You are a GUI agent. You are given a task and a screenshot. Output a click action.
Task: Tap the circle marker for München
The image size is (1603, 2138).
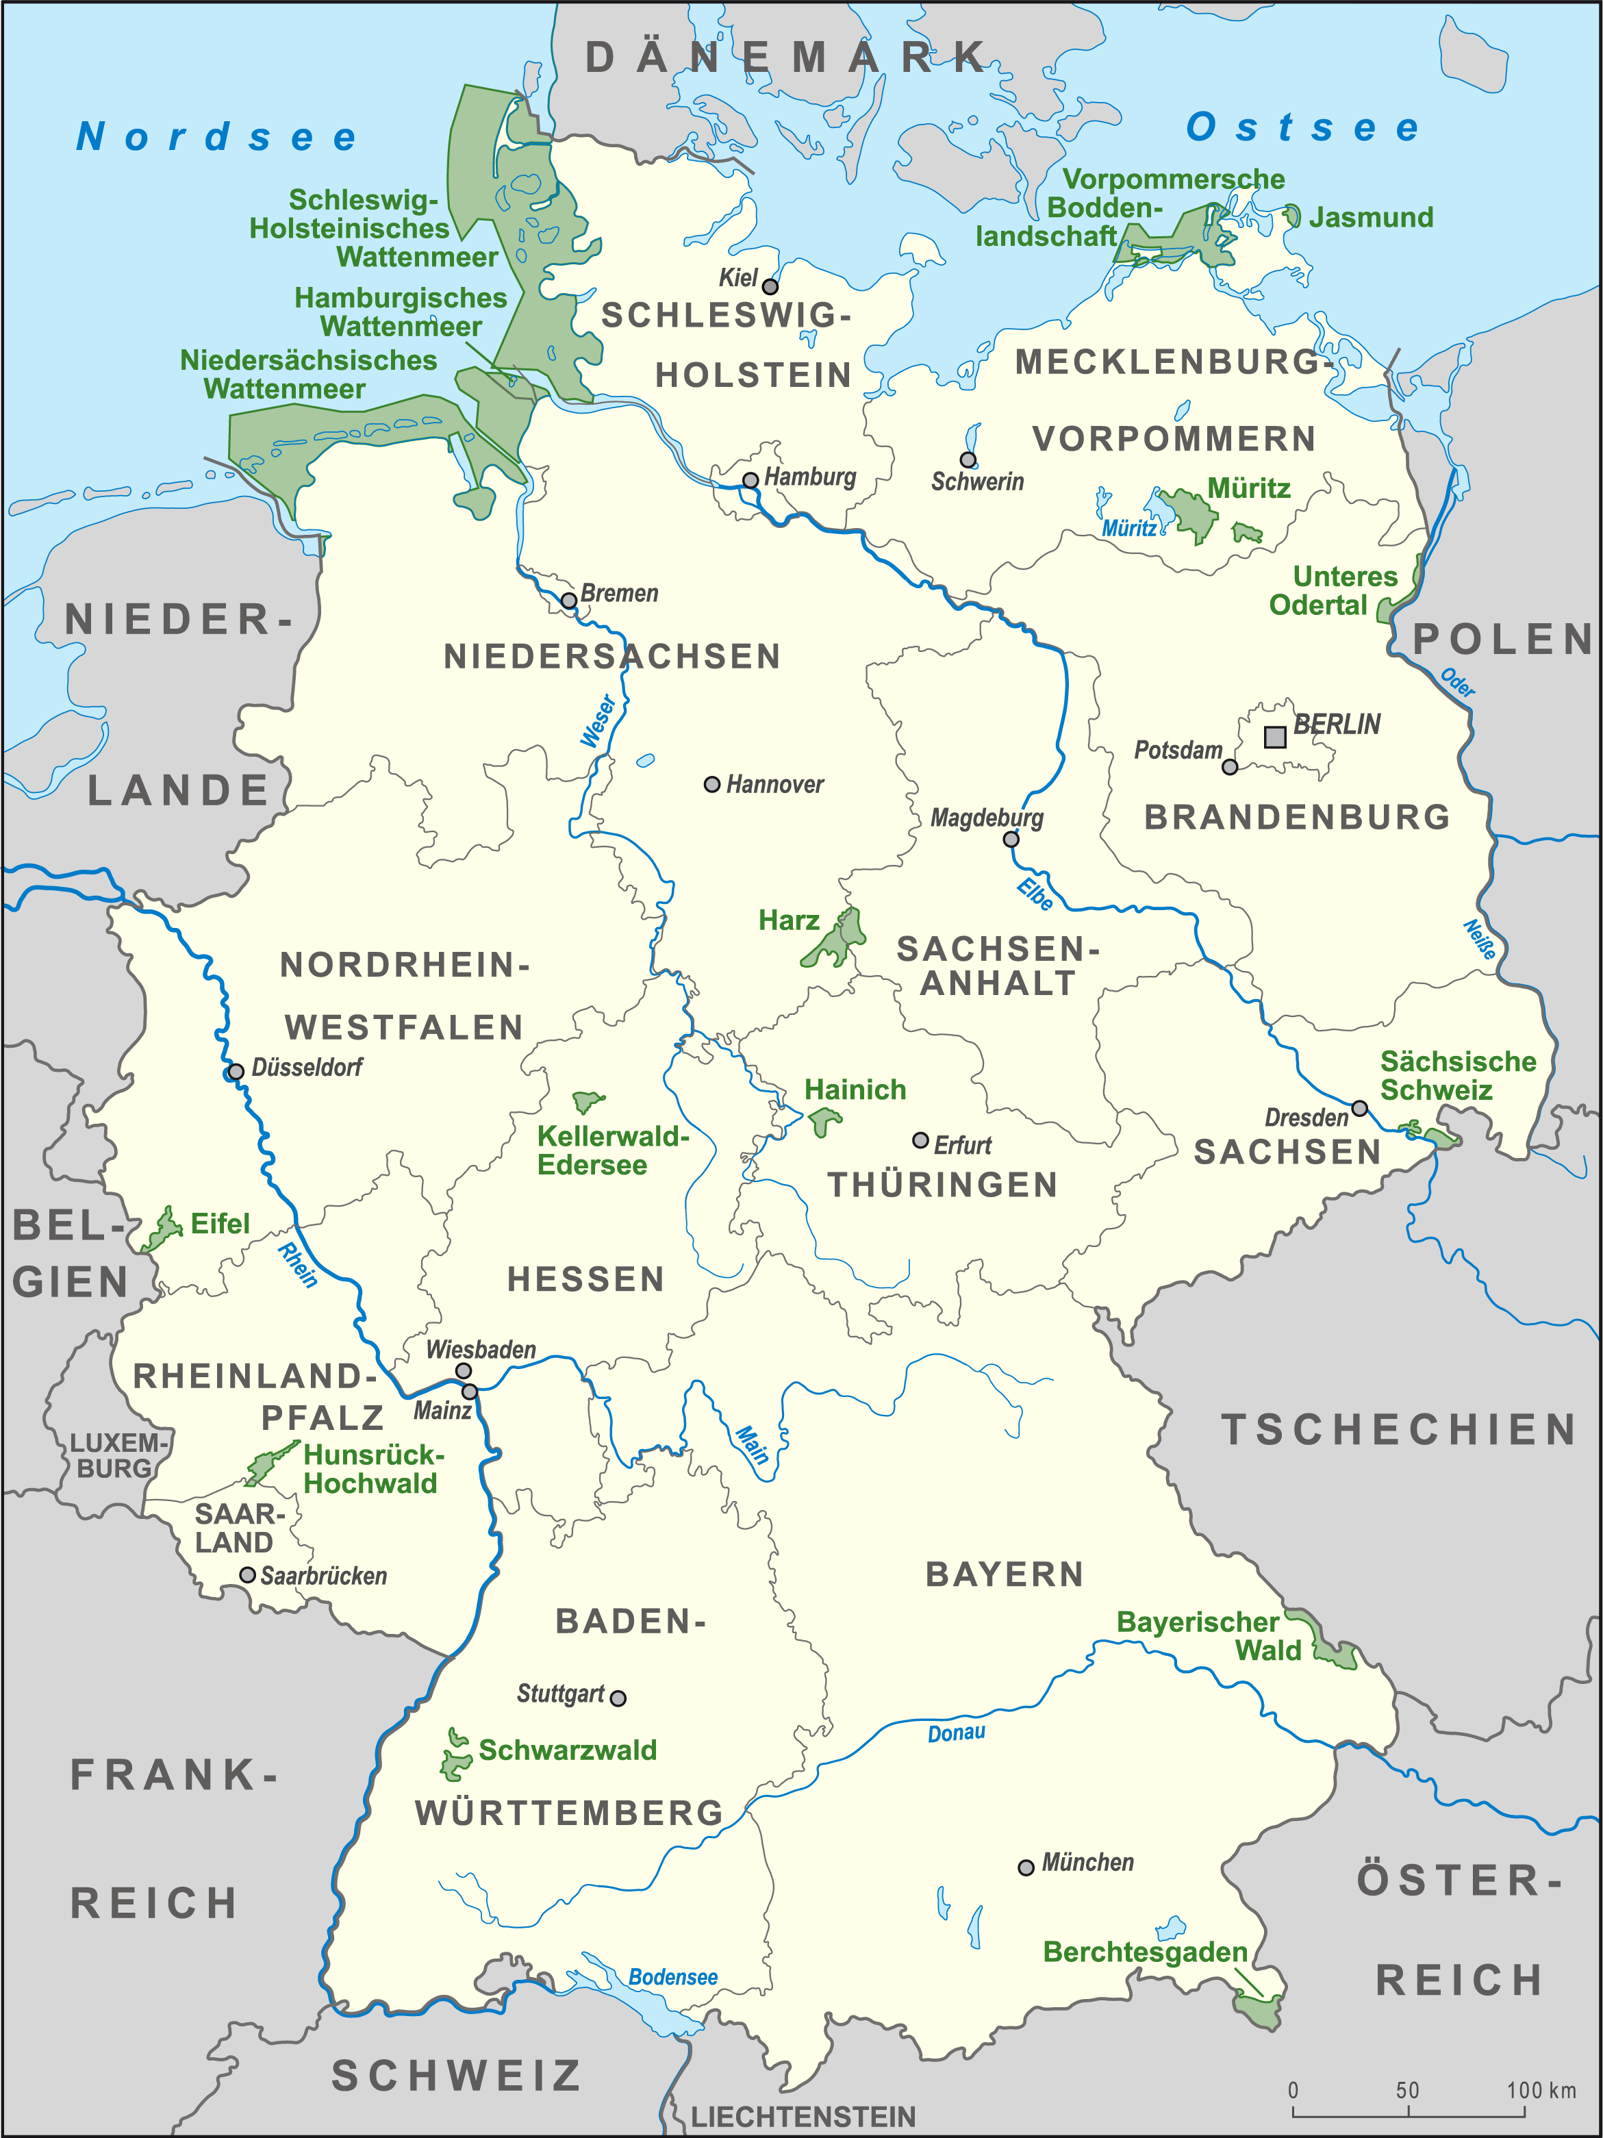point(1026,1867)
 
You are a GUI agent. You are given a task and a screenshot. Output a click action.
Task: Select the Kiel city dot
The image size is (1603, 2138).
point(770,286)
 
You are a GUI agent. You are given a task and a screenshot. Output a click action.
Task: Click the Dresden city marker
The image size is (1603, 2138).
point(1359,1107)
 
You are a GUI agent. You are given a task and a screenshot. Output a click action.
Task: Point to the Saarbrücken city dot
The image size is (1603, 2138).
point(247,1574)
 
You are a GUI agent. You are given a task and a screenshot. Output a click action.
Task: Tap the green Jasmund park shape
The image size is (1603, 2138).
point(1292,216)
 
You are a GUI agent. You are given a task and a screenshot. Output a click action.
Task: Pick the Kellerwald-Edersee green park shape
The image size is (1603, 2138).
point(587,1101)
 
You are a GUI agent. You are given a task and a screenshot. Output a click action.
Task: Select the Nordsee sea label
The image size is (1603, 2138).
point(216,136)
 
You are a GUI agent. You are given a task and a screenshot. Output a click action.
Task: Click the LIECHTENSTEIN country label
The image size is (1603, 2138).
point(803,2117)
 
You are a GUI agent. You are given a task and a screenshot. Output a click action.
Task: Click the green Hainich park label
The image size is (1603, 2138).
point(855,1090)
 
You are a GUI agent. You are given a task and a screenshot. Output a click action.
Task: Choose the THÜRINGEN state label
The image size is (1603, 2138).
point(943,1185)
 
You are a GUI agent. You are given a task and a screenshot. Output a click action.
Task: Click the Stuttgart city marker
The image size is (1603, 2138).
point(618,1698)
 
